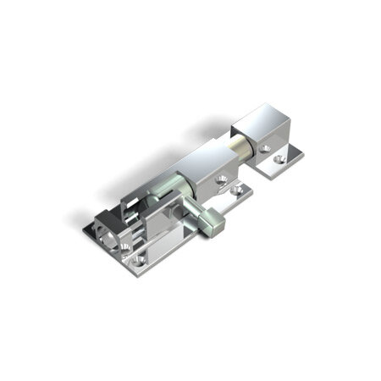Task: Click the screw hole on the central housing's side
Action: coord(222,180)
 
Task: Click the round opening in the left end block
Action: coord(108,232)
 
